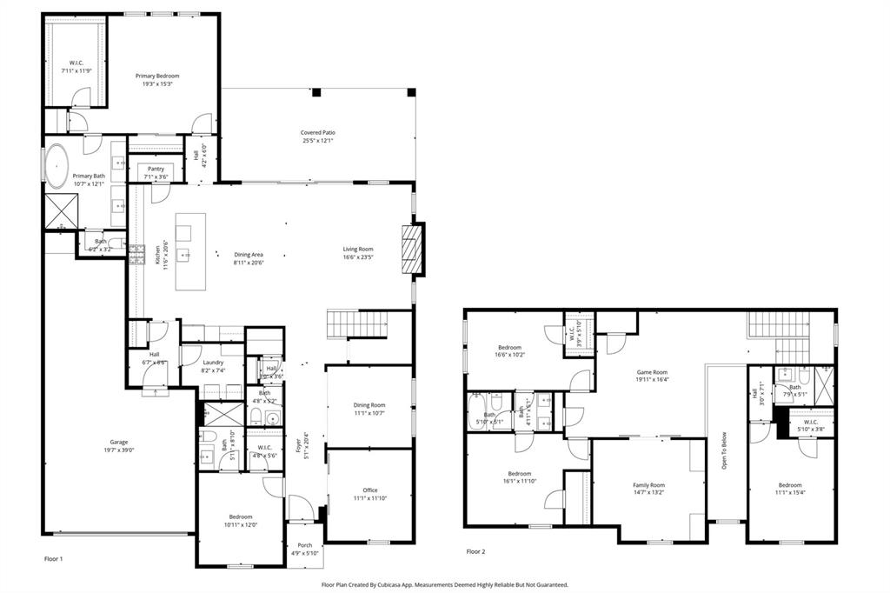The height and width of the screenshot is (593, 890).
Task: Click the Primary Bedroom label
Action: (163, 76)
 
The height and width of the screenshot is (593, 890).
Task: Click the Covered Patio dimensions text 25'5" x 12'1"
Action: (318, 141)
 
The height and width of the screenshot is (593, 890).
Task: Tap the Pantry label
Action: (156, 169)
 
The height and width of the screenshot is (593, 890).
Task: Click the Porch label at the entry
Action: (304, 545)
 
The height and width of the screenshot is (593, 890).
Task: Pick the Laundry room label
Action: (213, 363)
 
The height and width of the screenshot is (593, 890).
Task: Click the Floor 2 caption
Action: (476, 551)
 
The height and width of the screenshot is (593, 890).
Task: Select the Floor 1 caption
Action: (53, 558)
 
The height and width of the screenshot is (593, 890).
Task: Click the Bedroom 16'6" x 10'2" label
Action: (510, 347)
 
